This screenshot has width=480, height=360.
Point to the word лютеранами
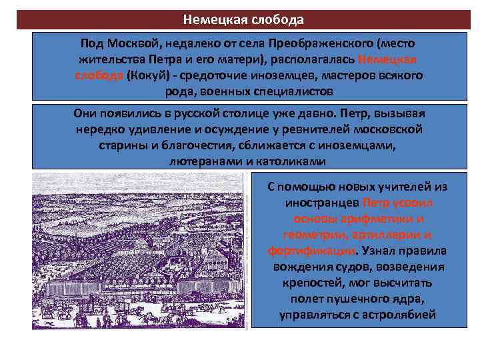[201, 161]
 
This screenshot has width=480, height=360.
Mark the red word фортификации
[311, 251]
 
